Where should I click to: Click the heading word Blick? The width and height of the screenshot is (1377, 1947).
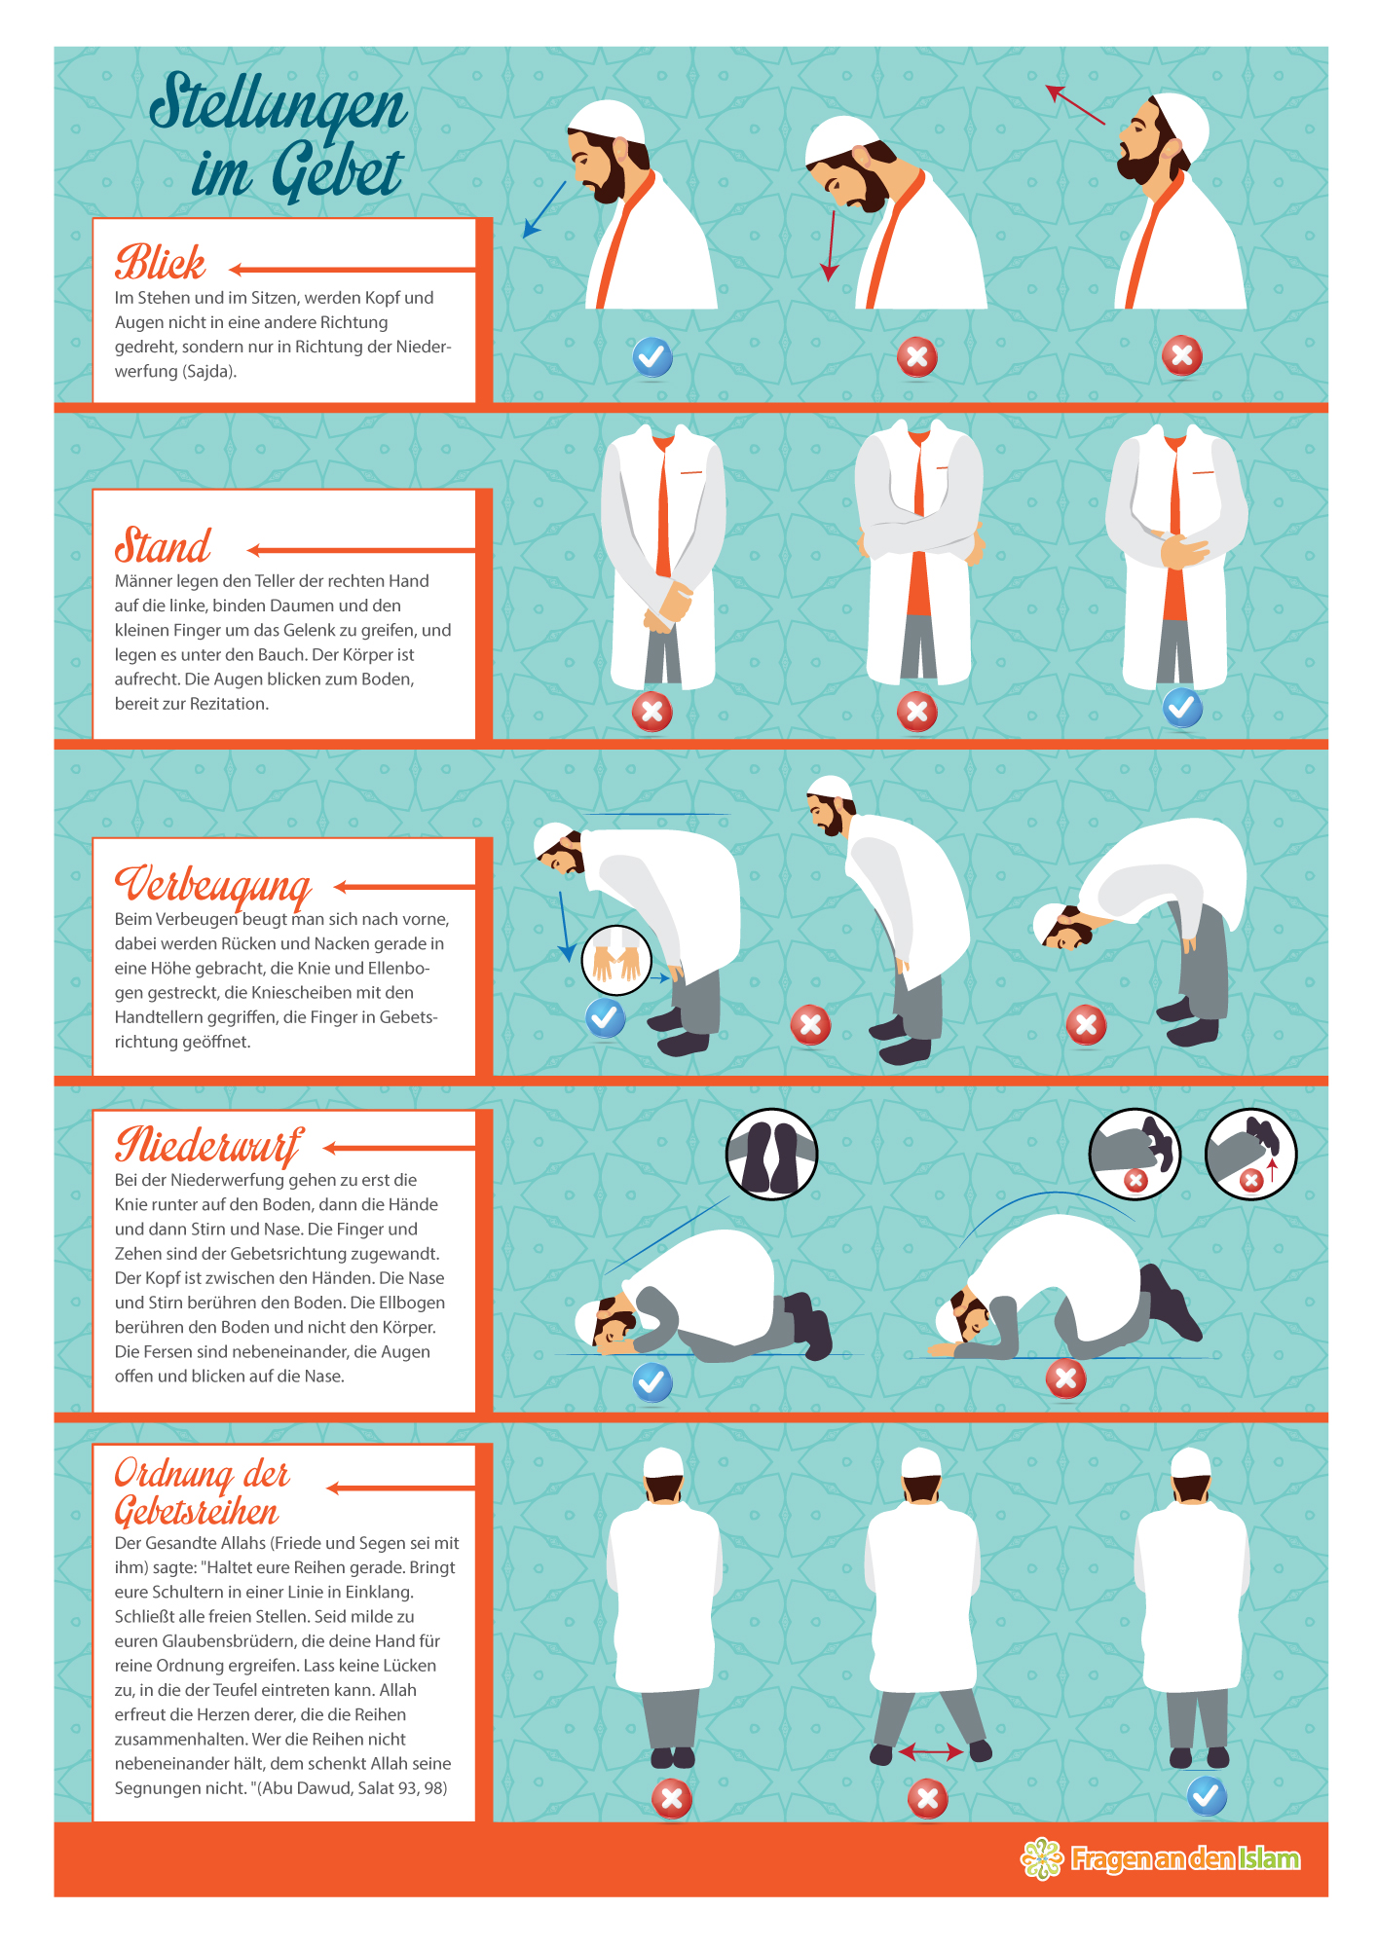pos(161,262)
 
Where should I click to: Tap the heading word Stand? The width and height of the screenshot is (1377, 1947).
pos(163,545)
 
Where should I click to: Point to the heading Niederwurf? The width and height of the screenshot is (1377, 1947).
pos(208,1146)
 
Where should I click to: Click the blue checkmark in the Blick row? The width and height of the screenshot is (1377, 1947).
pos(652,357)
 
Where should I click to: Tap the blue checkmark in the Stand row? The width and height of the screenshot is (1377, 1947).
pos(1182,708)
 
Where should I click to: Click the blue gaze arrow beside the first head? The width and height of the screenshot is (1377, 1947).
pos(544,208)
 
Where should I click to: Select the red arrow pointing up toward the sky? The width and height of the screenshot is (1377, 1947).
pos(1075,104)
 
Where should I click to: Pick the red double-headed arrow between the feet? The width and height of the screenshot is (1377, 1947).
pos(930,1752)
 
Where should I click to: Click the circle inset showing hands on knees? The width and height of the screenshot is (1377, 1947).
pos(615,960)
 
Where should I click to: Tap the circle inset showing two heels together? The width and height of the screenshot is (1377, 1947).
pos(771,1154)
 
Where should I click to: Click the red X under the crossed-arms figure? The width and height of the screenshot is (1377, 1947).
pos(916,712)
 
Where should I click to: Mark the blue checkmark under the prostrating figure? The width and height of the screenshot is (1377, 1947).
pos(652,1382)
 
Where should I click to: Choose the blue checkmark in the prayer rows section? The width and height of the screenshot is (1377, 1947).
pos(1207,1796)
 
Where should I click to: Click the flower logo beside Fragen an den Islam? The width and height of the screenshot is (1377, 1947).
pos(1042,1858)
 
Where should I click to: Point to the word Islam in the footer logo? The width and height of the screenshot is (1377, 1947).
pos(1269,1859)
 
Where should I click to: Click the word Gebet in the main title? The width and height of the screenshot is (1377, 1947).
pos(297,173)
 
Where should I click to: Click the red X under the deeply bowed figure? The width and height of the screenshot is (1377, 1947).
pos(1086,1025)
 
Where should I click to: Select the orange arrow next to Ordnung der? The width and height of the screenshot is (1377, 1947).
pos(400,1488)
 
